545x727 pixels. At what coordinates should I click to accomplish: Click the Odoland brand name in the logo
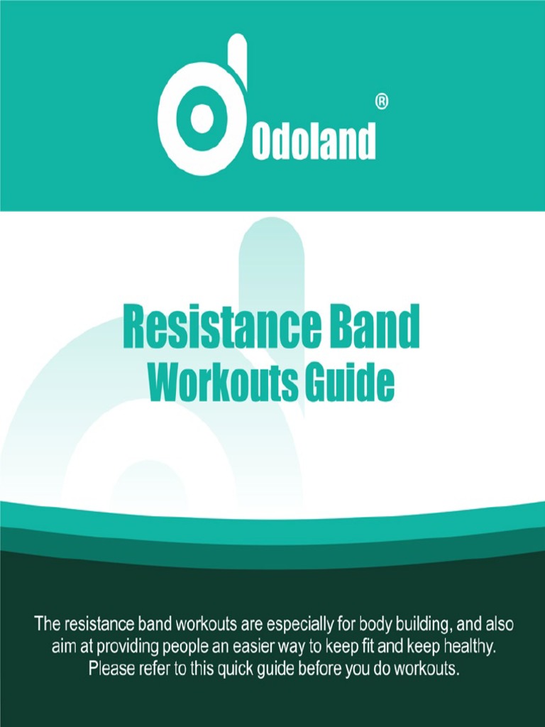coord(313,143)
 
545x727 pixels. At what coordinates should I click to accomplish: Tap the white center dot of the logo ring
coord(202,118)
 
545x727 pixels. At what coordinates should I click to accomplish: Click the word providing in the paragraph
coord(120,647)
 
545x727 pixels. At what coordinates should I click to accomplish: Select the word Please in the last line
coord(110,669)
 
